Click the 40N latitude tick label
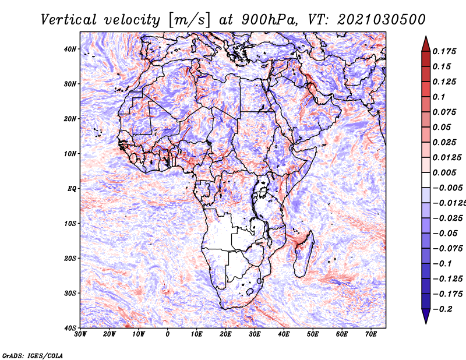70,49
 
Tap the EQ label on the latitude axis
72,189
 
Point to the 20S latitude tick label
70,258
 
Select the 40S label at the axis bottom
70,328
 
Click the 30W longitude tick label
80,334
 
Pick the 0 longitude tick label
168,334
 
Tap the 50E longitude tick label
313,334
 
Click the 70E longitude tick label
371,334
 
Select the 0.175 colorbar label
444,51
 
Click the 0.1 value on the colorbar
439,97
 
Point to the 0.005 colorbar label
444,172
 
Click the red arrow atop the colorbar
426,44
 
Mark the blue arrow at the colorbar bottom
426,316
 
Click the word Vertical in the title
68,20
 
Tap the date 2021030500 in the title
382,20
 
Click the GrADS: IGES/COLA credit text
33,356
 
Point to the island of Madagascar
303,253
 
